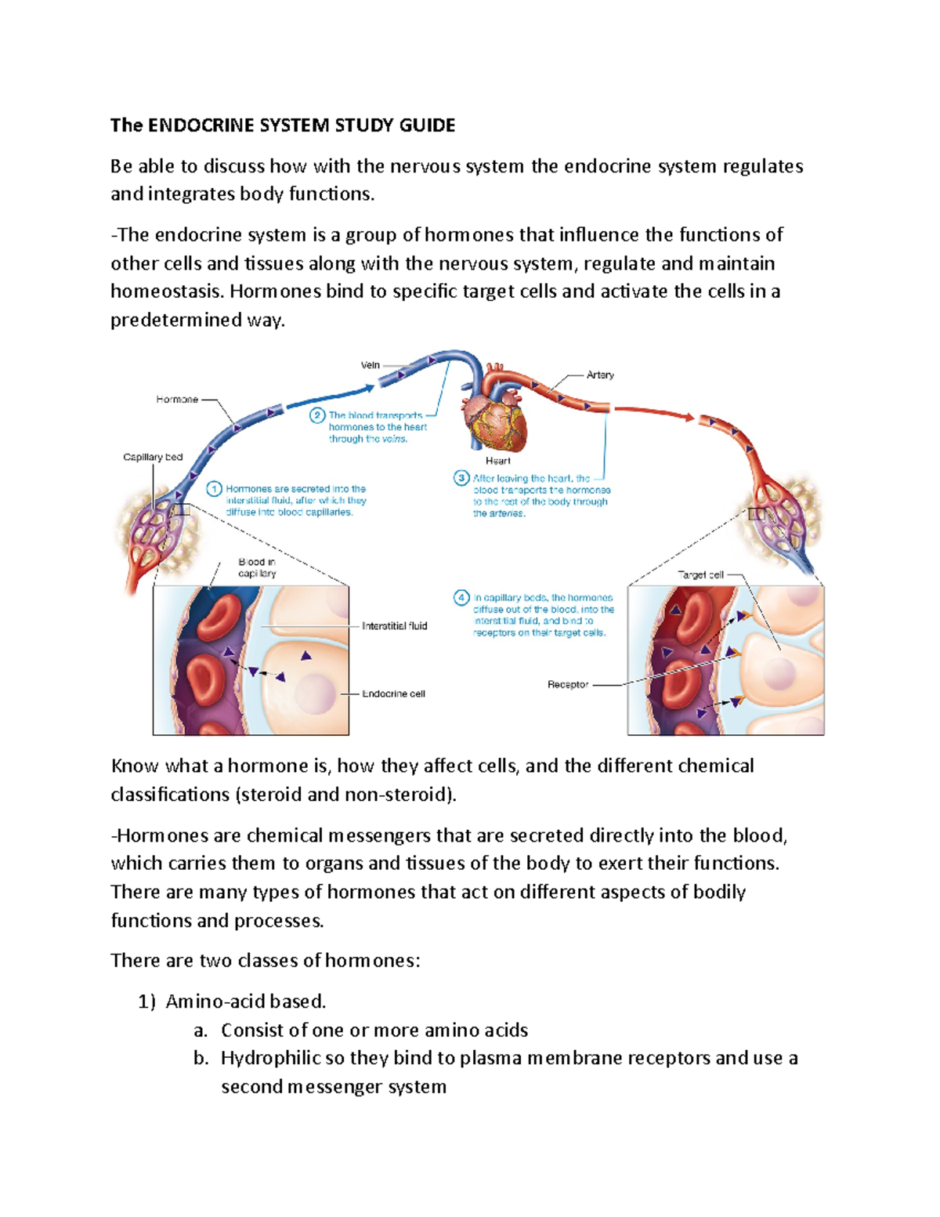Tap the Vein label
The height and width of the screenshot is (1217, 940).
click(x=371, y=365)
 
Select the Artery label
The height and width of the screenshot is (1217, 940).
click(x=600, y=375)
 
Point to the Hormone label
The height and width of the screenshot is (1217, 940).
click(x=177, y=400)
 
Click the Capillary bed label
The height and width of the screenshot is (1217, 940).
click(x=153, y=457)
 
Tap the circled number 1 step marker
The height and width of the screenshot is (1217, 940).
click(x=215, y=489)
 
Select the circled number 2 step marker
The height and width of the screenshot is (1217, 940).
click(x=317, y=415)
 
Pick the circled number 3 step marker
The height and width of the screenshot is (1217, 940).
click(x=461, y=478)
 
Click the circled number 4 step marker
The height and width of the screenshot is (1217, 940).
click(x=461, y=598)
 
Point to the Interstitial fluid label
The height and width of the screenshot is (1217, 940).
click(x=394, y=626)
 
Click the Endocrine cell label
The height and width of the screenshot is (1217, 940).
click(x=393, y=694)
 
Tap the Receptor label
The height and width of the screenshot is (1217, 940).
click(x=568, y=685)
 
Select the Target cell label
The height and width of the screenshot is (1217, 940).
click(x=700, y=574)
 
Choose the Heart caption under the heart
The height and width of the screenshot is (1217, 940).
click(x=497, y=461)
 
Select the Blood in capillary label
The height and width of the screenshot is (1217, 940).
click(x=257, y=567)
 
